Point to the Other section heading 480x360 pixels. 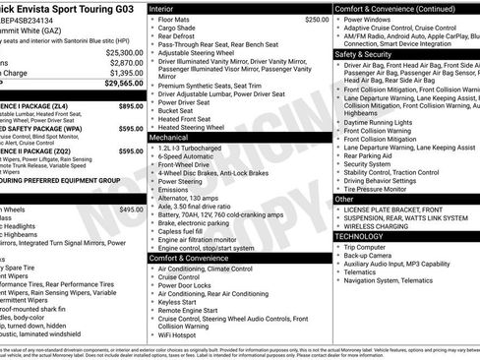tap(344, 199)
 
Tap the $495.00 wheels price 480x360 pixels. tap(131, 210)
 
